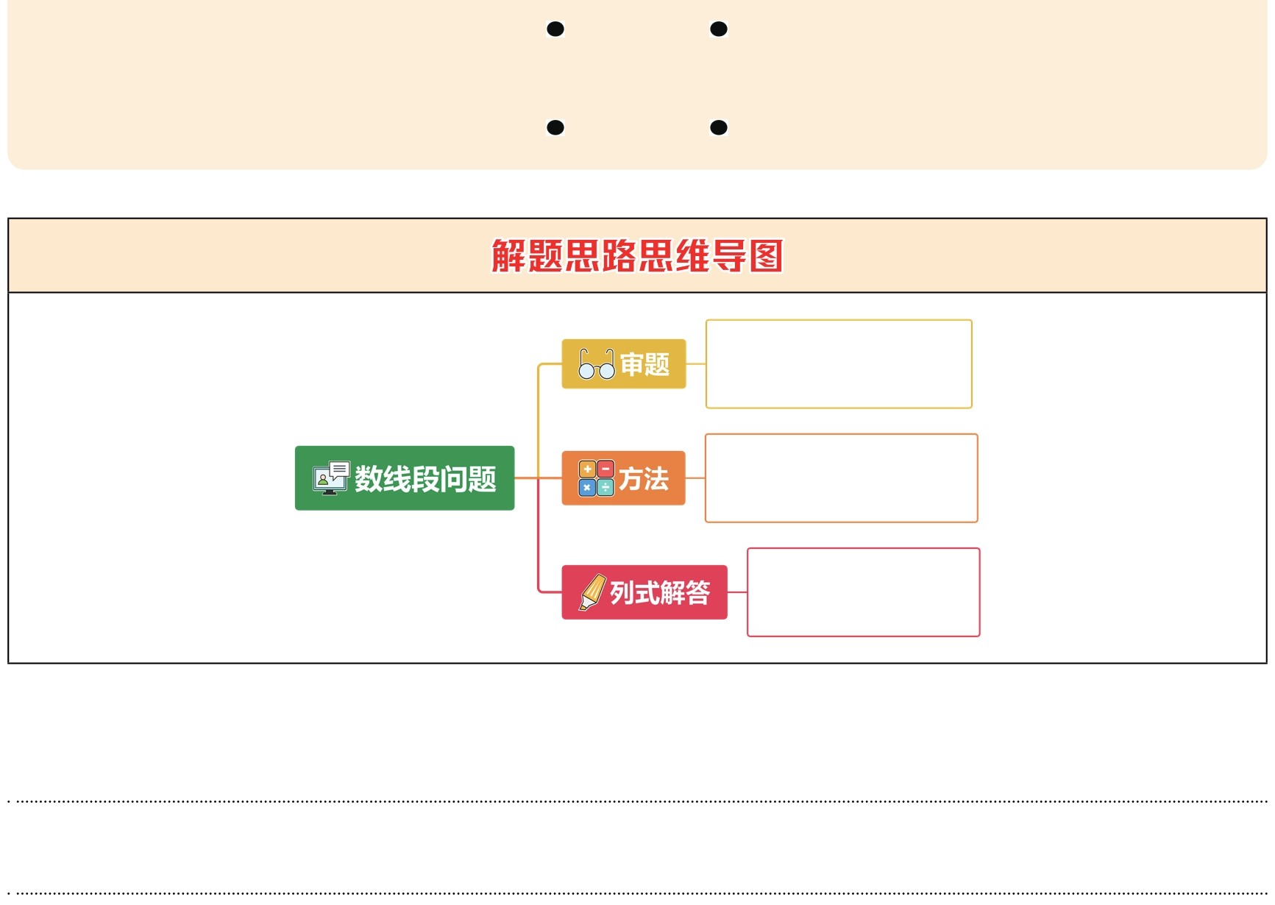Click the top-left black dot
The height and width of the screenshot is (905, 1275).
point(555,29)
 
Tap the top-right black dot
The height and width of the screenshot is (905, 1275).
point(719,29)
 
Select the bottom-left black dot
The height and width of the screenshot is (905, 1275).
point(555,128)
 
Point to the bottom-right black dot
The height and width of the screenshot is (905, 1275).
point(719,128)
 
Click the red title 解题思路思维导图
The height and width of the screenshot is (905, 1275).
point(637,256)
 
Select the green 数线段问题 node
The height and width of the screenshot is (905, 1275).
point(405,478)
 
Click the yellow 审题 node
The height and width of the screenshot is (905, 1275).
point(624,364)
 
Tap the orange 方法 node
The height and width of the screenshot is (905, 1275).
point(623,478)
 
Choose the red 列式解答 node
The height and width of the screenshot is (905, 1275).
point(644,592)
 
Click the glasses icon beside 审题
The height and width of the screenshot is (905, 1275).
point(596,364)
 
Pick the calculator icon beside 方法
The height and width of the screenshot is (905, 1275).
point(596,478)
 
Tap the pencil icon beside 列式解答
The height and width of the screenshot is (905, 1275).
point(592,592)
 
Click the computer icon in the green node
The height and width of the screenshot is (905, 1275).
point(330,478)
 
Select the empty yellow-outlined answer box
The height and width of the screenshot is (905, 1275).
point(839,364)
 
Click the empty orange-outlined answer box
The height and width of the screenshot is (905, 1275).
point(841,478)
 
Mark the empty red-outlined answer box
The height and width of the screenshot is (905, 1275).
point(863,592)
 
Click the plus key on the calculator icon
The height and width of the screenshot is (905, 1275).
point(587,469)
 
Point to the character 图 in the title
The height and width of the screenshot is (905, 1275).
point(766,256)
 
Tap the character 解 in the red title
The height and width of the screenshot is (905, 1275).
point(508,256)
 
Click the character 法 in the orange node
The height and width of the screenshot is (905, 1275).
point(656,479)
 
